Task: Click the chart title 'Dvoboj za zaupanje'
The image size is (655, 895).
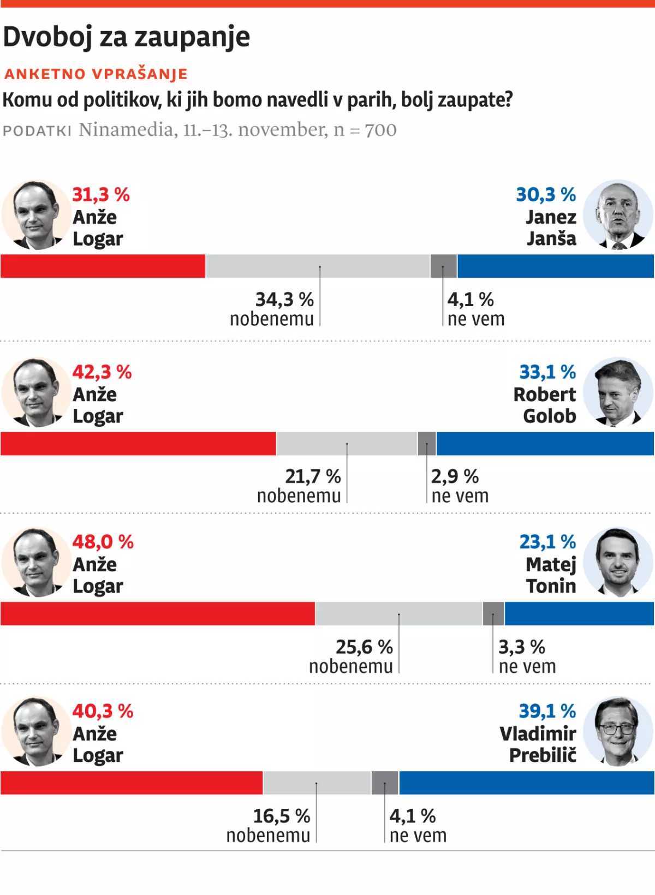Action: [x=127, y=37]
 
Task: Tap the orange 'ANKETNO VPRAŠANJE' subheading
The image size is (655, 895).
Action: [x=96, y=74]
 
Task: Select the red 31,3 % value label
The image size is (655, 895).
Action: [x=101, y=194]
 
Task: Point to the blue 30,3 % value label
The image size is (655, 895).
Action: [x=546, y=194]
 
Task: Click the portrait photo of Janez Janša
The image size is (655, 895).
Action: [x=618, y=215]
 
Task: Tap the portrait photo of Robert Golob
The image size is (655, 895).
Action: [x=618, y=392]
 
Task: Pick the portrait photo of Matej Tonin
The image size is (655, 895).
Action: [x=618, y=562]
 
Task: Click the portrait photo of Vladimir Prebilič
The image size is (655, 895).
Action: [x=618, y=731]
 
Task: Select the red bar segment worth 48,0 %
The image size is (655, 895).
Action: [x=158, y=613]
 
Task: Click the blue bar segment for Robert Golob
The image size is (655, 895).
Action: [x=545, y=444]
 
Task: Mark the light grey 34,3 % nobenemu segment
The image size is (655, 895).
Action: [x=318, y=266]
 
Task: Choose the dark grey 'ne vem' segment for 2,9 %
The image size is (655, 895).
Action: [x=427, y=444]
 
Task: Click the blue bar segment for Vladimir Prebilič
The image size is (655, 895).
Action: [x=526, y=783]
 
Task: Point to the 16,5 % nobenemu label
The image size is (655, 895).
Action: [x=269, y=826]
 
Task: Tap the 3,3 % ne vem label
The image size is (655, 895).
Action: [x=527, y=657]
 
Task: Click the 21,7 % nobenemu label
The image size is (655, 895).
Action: [x=299, y=486]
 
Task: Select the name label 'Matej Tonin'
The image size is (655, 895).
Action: [x=551, y=575]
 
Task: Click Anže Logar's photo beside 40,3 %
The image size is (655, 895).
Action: [x=36, y=731]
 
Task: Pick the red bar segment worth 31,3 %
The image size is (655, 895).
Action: [x=103, y=266]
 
